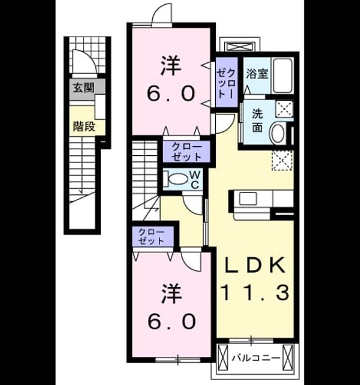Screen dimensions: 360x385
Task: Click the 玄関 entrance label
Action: (84, 87)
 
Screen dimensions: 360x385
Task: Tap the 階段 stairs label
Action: (84, 127)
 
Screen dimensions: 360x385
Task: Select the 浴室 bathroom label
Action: (257, 74)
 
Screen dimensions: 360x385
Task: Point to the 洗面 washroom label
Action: (257, 120)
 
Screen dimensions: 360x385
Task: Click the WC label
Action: (195, 180)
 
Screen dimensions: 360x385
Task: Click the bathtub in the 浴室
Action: (282, 75)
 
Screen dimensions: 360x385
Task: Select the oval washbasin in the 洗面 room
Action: (277, 133)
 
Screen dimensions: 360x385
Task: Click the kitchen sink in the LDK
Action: (248, 199)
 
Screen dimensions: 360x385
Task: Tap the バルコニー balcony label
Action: (256, 358)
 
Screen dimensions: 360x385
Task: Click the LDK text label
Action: (255, 265)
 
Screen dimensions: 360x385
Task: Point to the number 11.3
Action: (255, 293)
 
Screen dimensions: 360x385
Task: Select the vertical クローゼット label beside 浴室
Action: (227, 82)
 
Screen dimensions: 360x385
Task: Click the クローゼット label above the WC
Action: (186, 152)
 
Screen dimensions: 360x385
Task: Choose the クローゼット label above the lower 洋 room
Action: (151, 237)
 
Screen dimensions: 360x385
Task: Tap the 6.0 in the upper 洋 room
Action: (171, 94)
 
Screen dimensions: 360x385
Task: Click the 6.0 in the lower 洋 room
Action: (172, 321)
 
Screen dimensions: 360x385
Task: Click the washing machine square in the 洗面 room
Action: (284, 108)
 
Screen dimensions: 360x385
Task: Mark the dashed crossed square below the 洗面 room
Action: (283, 160)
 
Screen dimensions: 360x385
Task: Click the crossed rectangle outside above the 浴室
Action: (239, 46)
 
